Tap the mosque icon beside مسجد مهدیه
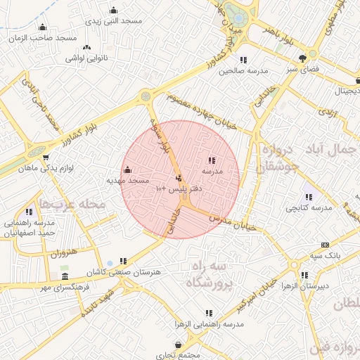(x=127, y=169)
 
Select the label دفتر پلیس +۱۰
(x=182, y=189)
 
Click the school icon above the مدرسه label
(x=212, y=160)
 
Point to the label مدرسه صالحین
(x=244, y=71)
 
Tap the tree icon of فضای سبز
(x=302, y=58)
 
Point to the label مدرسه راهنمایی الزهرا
(x=210, y=323)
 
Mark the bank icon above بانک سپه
(x=324, y=245)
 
